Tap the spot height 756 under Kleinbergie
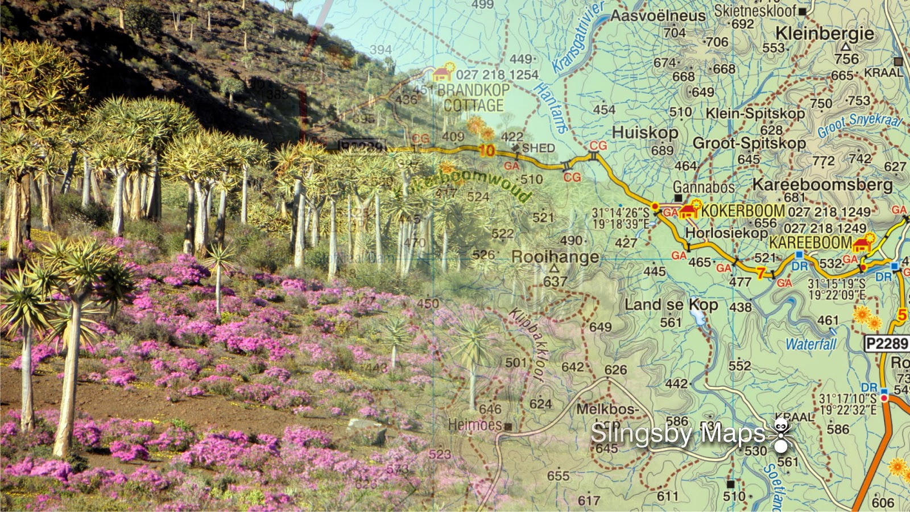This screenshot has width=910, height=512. coord(846,59)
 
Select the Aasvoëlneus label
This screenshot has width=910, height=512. coord(658,16)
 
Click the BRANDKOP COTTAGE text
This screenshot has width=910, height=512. coord(473,98)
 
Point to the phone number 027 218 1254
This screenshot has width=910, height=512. coord(497,75)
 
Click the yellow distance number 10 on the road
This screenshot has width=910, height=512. coord(486,151)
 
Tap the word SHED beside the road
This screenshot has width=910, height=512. coord(538,148)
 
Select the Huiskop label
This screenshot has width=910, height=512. coord(645,133)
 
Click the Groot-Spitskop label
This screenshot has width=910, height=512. coord(749,143)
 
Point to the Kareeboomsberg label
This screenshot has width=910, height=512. coord(822,184)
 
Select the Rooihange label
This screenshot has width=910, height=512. coord(555,257)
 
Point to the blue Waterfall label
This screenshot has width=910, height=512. coord(810,344)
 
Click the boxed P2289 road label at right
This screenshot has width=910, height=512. coord(887,344)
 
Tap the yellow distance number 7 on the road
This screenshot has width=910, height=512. coord(760,274)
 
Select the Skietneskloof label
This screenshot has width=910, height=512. coord(755,11)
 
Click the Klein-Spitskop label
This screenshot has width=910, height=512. coord(755,113)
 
